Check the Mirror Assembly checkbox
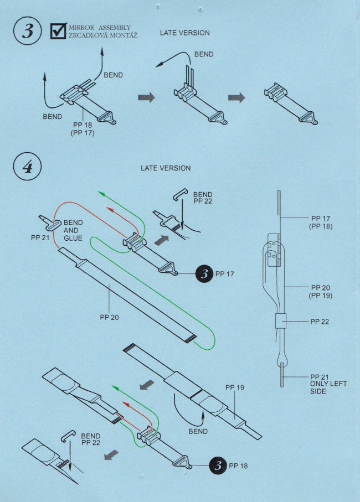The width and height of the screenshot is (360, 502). [58, 32]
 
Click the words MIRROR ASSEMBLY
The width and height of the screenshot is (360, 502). [100, 27]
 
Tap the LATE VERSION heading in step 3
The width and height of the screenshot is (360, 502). [185, 33]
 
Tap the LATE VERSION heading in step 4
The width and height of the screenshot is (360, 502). [166, 168]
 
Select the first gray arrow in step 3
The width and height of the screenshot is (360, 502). [146, 97]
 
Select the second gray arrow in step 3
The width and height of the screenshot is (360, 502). [236, 97]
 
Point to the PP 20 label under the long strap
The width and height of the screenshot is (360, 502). [110, 317]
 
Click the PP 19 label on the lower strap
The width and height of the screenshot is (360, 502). [235, 388]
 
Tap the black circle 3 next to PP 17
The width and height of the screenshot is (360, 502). [204, 273]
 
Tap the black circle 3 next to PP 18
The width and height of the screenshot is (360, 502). [218, 465]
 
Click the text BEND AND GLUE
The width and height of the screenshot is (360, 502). [73, 230]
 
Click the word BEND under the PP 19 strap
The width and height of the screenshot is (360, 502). [198, 431]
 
